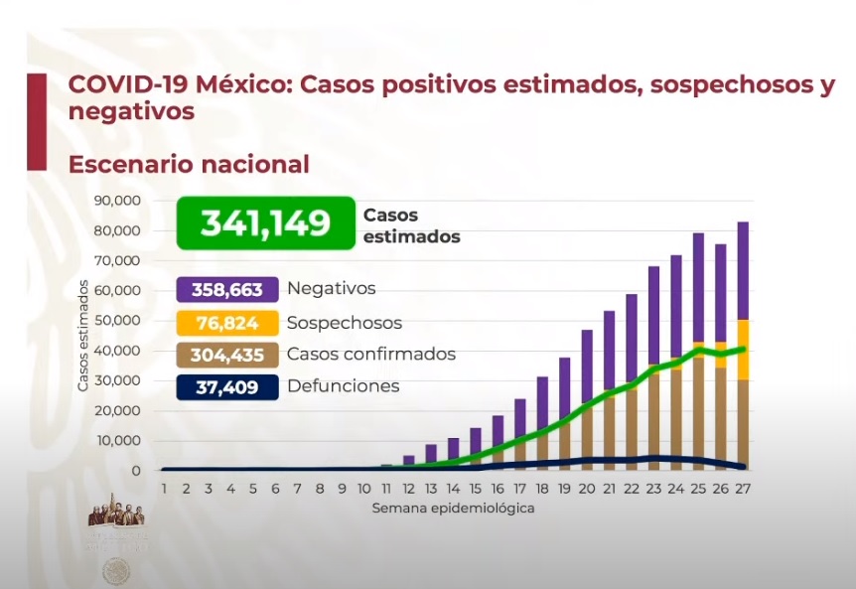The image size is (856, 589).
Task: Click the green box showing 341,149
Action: point(265,222)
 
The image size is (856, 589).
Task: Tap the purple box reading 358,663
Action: point(226,289)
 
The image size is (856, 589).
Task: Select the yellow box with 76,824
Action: point(226,323)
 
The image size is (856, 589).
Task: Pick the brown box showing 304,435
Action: point(226,355)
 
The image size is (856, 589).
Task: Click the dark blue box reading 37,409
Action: point(226,386)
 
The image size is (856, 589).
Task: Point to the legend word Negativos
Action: point(332,289)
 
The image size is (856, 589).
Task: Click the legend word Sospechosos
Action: point(345,323)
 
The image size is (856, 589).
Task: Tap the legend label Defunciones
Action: point(344,386)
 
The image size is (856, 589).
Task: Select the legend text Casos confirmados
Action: point(371,355)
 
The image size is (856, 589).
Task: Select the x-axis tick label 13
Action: point(431,489)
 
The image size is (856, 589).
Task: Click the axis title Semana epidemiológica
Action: point(454,508)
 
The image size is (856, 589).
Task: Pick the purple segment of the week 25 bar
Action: point(698,287)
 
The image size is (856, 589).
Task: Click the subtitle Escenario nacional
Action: point(189,164)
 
